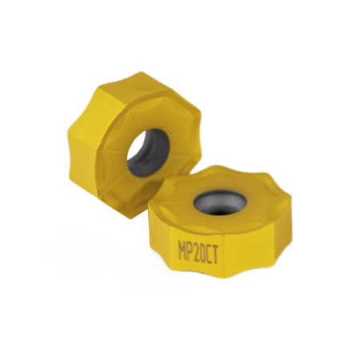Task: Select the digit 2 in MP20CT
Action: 196,246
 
